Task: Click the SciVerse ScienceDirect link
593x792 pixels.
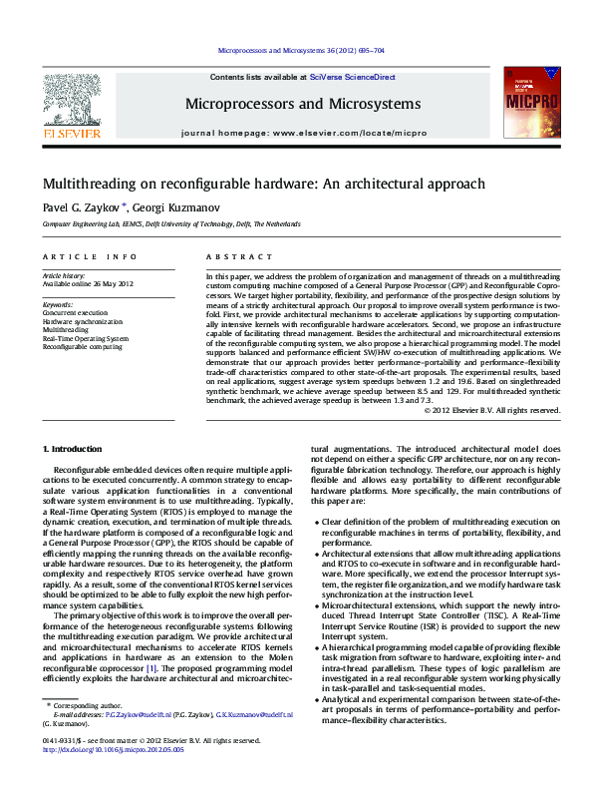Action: click(352, 77)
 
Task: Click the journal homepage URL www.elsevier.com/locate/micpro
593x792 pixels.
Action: click(334, 133)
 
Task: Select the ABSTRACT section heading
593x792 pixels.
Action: click(230, 256)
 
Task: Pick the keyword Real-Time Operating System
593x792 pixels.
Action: click(85, 338)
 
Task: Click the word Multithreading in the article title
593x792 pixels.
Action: click(90, 185)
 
